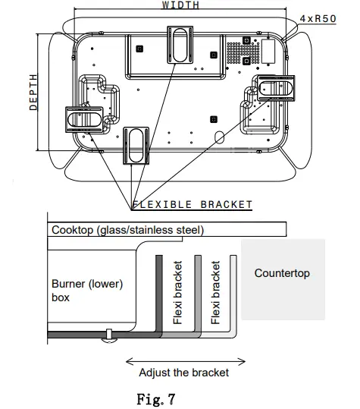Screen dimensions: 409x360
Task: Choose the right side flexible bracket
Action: [274, 89]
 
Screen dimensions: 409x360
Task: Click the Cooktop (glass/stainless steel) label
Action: [127, 230]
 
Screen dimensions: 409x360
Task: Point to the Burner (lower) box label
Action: [86, 291]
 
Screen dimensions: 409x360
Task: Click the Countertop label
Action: [282, 273]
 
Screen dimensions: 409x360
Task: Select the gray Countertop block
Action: [283, 300]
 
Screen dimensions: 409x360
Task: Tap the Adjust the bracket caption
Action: [183, 373]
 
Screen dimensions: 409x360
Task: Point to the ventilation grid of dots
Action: [240, 52]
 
